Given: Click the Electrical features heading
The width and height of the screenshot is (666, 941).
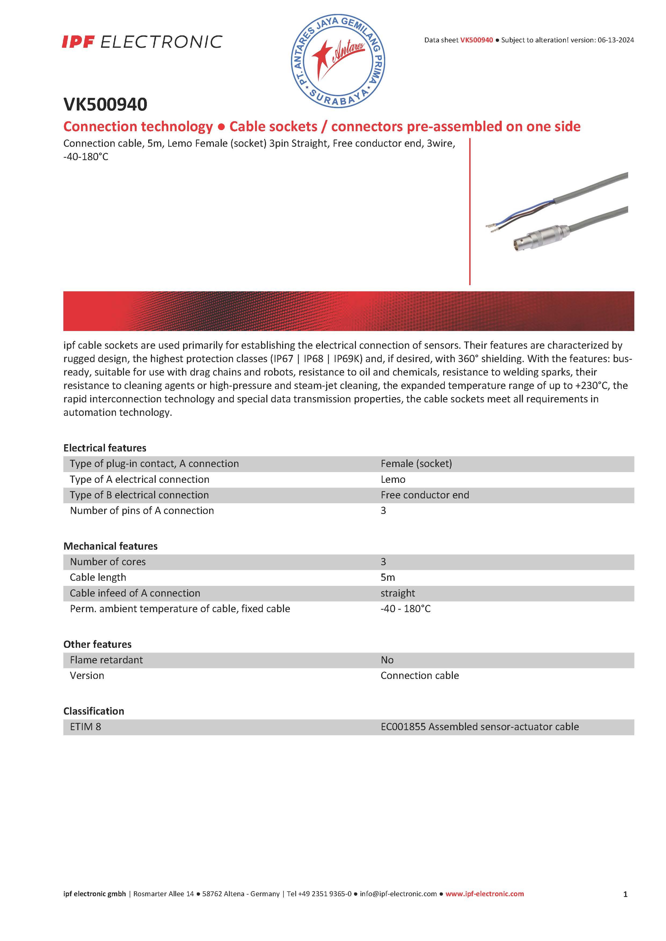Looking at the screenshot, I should [x=105, y=448].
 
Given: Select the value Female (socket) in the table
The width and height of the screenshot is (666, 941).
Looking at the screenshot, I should [x=416, y=464].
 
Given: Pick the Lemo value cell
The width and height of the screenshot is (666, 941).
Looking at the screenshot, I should [x=393, y=480].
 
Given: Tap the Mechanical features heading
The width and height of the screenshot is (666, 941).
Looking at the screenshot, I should [x=110, y=546].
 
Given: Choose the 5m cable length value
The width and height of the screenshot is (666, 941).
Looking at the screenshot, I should [x=388, y=578].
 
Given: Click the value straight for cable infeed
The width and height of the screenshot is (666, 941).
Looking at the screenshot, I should [x=397, y=593].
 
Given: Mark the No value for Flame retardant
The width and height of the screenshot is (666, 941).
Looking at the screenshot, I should [x=387, y=660].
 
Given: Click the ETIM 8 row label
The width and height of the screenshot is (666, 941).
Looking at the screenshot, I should [x=85, y=727].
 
